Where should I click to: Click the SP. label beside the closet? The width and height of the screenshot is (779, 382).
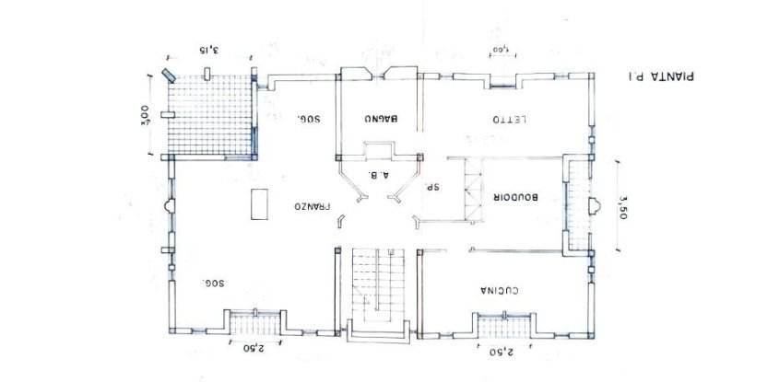(x=429, y=186)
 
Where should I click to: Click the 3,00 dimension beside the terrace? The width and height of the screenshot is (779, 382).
(x=144, y=118)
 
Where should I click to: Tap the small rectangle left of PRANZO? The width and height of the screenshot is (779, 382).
(x=256, y=203)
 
